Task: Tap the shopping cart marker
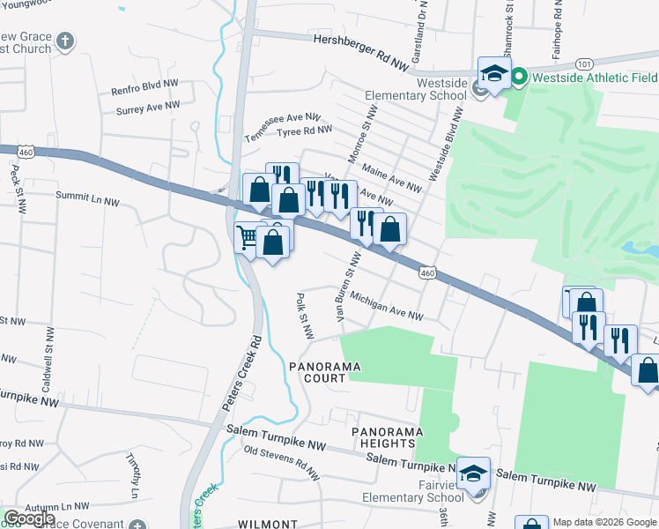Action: click(248, 237)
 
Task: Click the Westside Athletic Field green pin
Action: click(519, 78)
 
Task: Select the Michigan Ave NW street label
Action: click(387, 307)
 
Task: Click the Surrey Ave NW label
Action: click(148, 108)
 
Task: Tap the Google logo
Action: click(30, 518)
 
